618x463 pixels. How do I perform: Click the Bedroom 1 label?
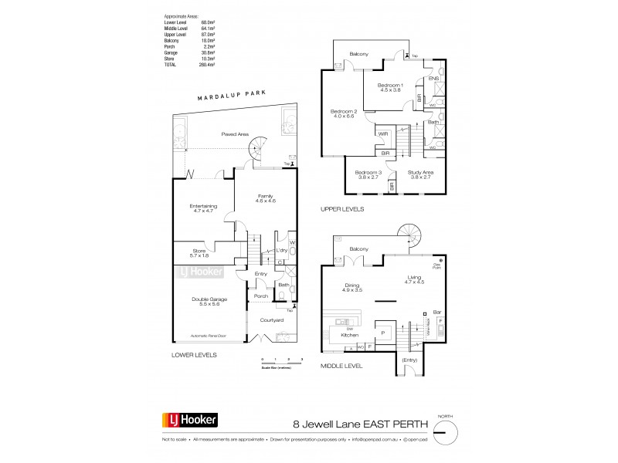(x=391, y=85)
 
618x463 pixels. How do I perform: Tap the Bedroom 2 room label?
(x=341, y=113)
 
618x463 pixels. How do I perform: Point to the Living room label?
(x=415, y=282)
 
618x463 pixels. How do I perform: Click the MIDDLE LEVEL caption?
(x=342, y=366)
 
